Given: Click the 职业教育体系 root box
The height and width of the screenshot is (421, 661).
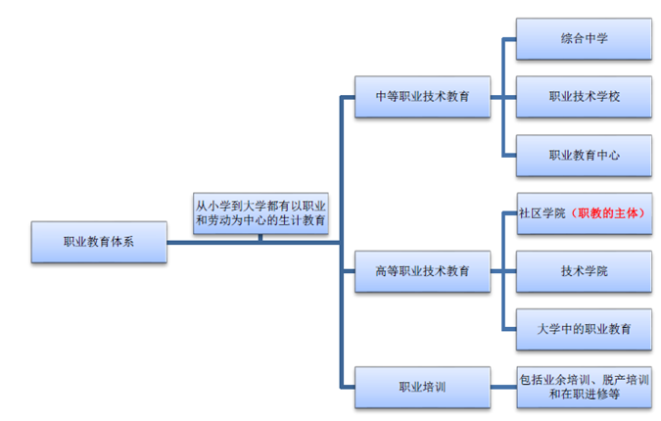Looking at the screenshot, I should click(x=99, y=242).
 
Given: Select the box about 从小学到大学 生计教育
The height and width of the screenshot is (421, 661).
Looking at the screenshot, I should click(x=260, y=213).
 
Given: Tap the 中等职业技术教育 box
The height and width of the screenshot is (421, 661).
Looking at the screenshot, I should click(x=422, y=97).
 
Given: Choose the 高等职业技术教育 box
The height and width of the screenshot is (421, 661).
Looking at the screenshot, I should click(x=422, y=270).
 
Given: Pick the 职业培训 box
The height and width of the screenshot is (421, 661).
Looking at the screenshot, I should click(x=422, y=386).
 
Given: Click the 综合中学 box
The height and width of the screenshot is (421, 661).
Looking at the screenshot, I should click(x=584, y=39).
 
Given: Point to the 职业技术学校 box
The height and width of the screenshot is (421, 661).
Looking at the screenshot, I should click(x=584, y=97).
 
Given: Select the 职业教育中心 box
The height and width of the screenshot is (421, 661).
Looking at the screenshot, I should click(x=584, y=155).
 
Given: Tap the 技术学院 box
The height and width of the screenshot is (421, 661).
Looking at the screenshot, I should click(x=584, y=270).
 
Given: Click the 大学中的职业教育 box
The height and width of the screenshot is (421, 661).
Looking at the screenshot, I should click(x=584, y=328).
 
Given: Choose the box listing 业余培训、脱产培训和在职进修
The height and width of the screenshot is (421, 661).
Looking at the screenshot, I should click(x=584, y=386).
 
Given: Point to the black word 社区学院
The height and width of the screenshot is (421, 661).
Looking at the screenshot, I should click(x=543, y=213).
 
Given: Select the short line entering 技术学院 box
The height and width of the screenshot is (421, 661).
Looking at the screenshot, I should click(x=509, y=270).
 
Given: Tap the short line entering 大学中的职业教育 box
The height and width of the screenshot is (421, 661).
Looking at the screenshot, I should click(x=509, y=328).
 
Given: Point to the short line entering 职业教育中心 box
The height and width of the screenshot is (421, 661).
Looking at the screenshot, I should click(x=509, y=155).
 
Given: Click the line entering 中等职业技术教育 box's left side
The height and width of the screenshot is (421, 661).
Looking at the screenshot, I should click(x=348, y=97).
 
